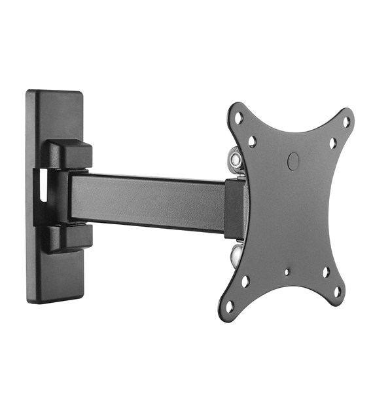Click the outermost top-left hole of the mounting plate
pyautogui.click(x=239, y=117)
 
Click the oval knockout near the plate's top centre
pyautogui.click(x=293, y=159)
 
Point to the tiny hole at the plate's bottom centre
pyautogui.click(x=287, y=271)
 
